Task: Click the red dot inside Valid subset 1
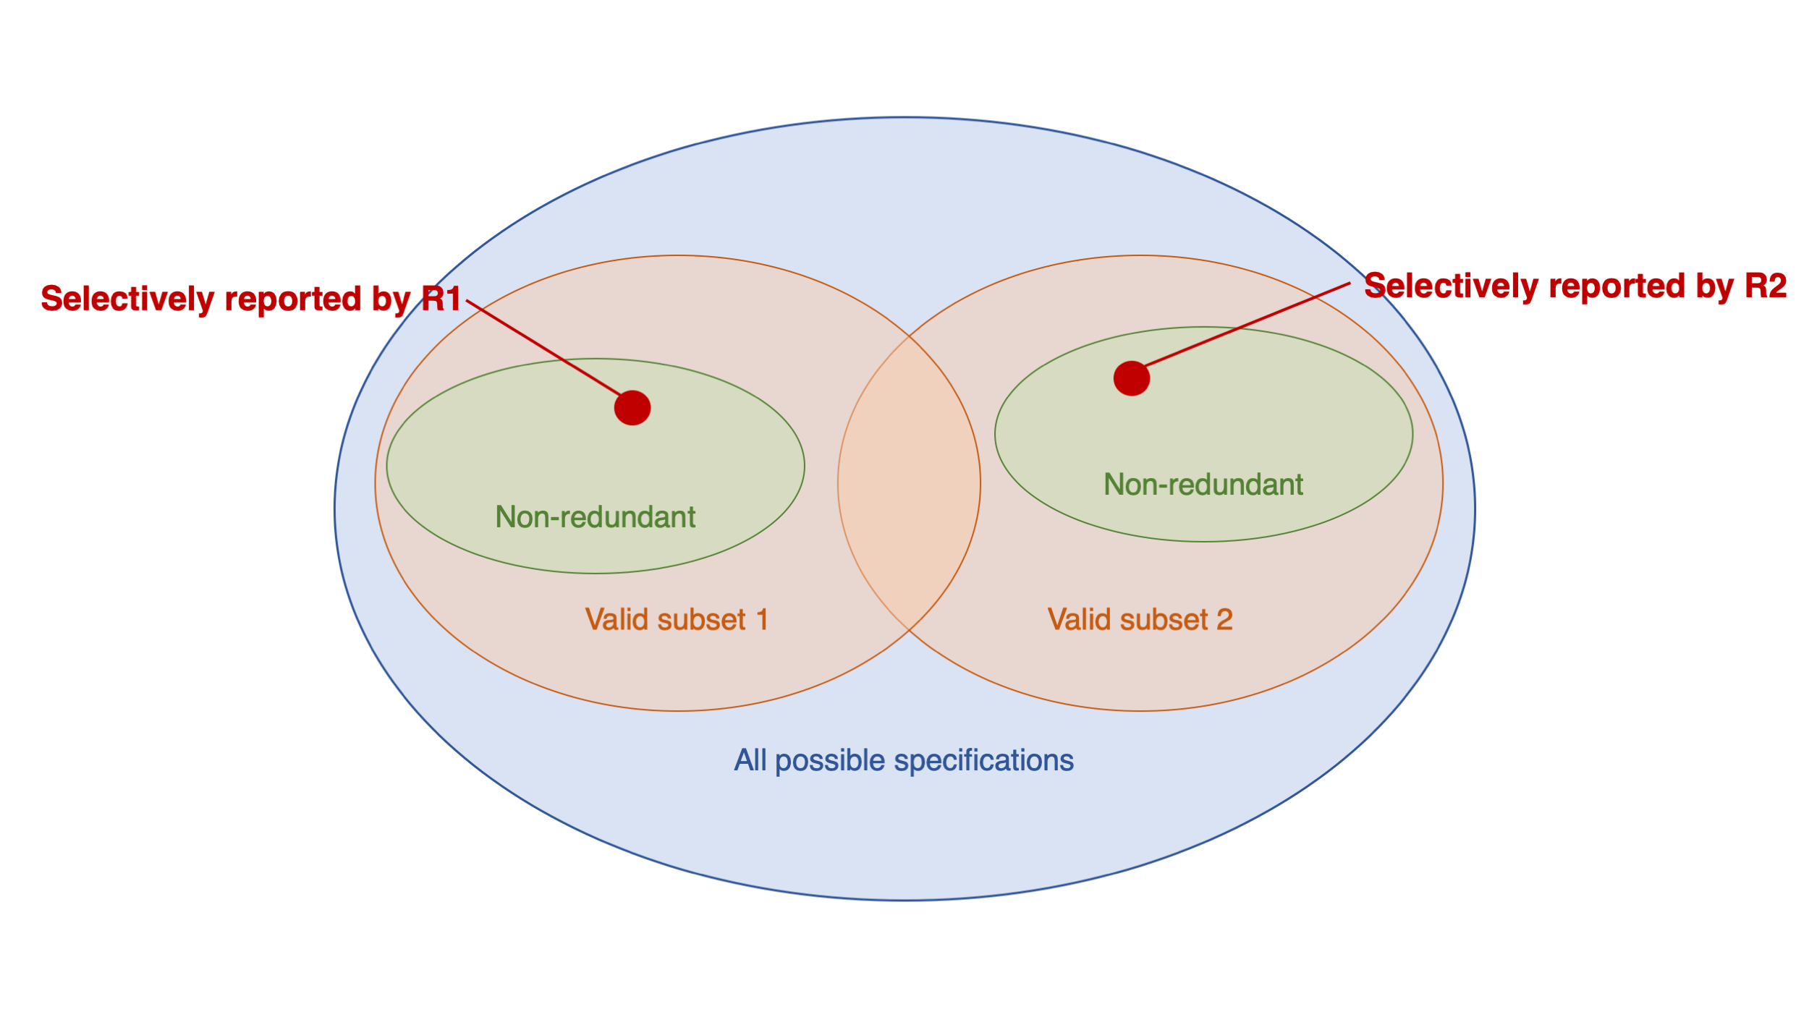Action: pos(632,408)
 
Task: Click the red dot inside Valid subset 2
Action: pos(1132,378)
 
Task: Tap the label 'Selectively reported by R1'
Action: pos(250,299)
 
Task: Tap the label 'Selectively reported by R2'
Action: pos(1575,286)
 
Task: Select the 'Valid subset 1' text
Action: pos(677,620)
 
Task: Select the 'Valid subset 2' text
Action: pos(1140,620)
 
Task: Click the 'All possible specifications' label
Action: pos(904,761)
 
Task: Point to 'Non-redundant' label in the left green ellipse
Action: pos(596,517)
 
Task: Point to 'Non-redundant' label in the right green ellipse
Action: pos(1203,485)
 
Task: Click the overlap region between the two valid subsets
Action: pos(909,483)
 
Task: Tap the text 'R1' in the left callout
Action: pos(441,299)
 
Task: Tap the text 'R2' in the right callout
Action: pos(1766,286)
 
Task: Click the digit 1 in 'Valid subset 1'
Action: pos(762,620)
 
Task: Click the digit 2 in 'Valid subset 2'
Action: pos(1224,620)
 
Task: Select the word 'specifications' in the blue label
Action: pos(984,761)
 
